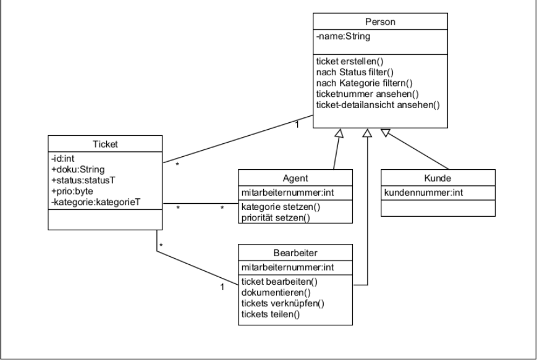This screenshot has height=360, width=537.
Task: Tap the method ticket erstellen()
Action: pyautogui.click(x=349, y=61)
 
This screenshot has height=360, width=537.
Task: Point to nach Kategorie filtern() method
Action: pyautogui.click(x=364, y=83)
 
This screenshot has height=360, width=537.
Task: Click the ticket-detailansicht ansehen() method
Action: pyautogui.click(x=377, y=105)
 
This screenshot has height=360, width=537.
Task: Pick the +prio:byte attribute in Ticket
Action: pyautogui.click(x=71, y=191)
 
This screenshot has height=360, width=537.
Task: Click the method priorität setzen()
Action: pyautogui.click(x=277, y=217)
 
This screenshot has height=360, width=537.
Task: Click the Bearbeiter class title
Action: pyautogui.click(x=295, y=252)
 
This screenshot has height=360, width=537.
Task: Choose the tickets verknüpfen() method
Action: pyautogui.click(x=282, y=303)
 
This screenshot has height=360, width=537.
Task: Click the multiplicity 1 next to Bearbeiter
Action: pyautogui.click(x=222, y=287)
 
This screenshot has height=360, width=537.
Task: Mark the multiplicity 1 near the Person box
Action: pyautogui.click(x=298, y=126)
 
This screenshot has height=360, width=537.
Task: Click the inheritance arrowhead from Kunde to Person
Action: pyautogui.click(x=386, y=132)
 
